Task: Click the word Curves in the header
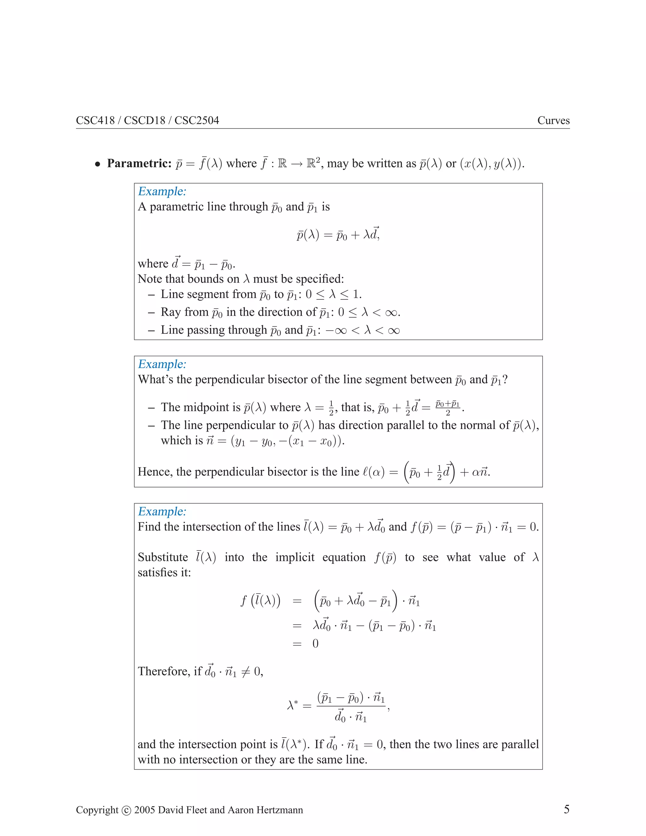click(x=553, y=121)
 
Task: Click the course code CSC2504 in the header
click(x=197, y=121)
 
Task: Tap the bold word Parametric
click(x=139, y=163)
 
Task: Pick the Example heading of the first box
click(x=162, y=191)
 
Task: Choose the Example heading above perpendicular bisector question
click(x=162, y=364)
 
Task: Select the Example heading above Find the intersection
click(x=162, y=511)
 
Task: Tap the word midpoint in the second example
click(x=208, y=407)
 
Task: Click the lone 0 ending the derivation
click(x=315, y=644)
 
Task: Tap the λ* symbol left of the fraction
click(x=293, y=705)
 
